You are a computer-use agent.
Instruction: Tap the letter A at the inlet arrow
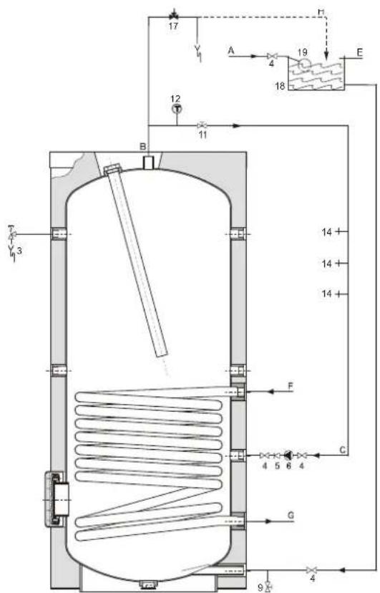231,50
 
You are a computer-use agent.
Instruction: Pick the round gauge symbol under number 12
176,109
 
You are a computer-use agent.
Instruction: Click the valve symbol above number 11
203,125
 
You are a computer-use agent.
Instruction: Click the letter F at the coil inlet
289,386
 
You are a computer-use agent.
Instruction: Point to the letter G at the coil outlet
289,515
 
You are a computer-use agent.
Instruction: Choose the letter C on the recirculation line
342,449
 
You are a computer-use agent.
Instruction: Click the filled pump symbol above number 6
288,455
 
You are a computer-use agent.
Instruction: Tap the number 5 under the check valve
276,466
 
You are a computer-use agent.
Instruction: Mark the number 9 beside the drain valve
260,587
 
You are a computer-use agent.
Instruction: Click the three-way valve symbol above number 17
173,15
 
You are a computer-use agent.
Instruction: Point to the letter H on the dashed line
321,10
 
